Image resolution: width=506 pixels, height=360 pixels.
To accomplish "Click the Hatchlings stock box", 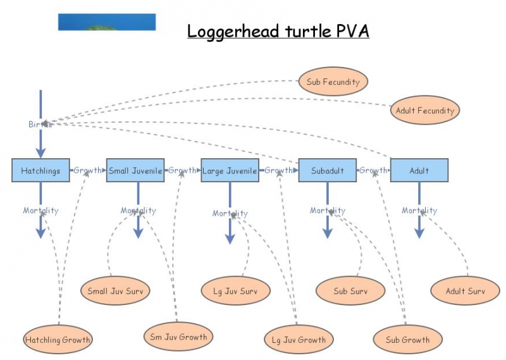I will click(x=40, y=170).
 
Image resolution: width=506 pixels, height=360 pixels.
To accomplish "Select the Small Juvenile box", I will click(x=135, y=170).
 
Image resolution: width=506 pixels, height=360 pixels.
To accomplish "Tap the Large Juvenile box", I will click(x=230, y=170).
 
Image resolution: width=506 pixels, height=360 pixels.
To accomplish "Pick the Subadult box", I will click(x=328, y=170).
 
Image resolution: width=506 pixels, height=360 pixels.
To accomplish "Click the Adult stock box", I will click(x=419, y=170).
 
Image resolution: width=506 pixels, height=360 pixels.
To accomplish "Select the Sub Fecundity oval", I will click(x=333, y=82).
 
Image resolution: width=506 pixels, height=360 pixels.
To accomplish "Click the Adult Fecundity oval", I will click(x=424, y=111).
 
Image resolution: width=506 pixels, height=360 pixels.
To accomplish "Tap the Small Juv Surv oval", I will click(x=115, y=291).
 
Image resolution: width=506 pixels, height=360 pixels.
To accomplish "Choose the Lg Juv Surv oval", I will click(x=236, y=291).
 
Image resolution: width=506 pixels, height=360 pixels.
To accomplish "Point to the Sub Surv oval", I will click(x=350, y=291).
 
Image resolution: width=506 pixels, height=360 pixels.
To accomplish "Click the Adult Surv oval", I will click(x=464, y=291).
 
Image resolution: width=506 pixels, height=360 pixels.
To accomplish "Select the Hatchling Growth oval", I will click(x=58, y=340).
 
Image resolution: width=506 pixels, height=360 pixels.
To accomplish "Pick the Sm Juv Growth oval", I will click(x=179, y=337).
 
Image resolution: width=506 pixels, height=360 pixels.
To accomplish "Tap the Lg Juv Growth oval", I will click(x=299, y=340).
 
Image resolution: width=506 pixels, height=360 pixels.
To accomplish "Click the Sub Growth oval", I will click(x=407, y=340).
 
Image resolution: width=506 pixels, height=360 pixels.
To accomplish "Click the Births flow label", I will click(x=40, y=124).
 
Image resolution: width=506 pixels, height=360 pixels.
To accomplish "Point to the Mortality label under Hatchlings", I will click(x=40, y=211).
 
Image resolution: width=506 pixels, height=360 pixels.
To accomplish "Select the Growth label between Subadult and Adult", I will click(x=373, y=170).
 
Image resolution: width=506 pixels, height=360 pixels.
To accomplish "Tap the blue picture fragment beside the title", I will click(x=107, y=22).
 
